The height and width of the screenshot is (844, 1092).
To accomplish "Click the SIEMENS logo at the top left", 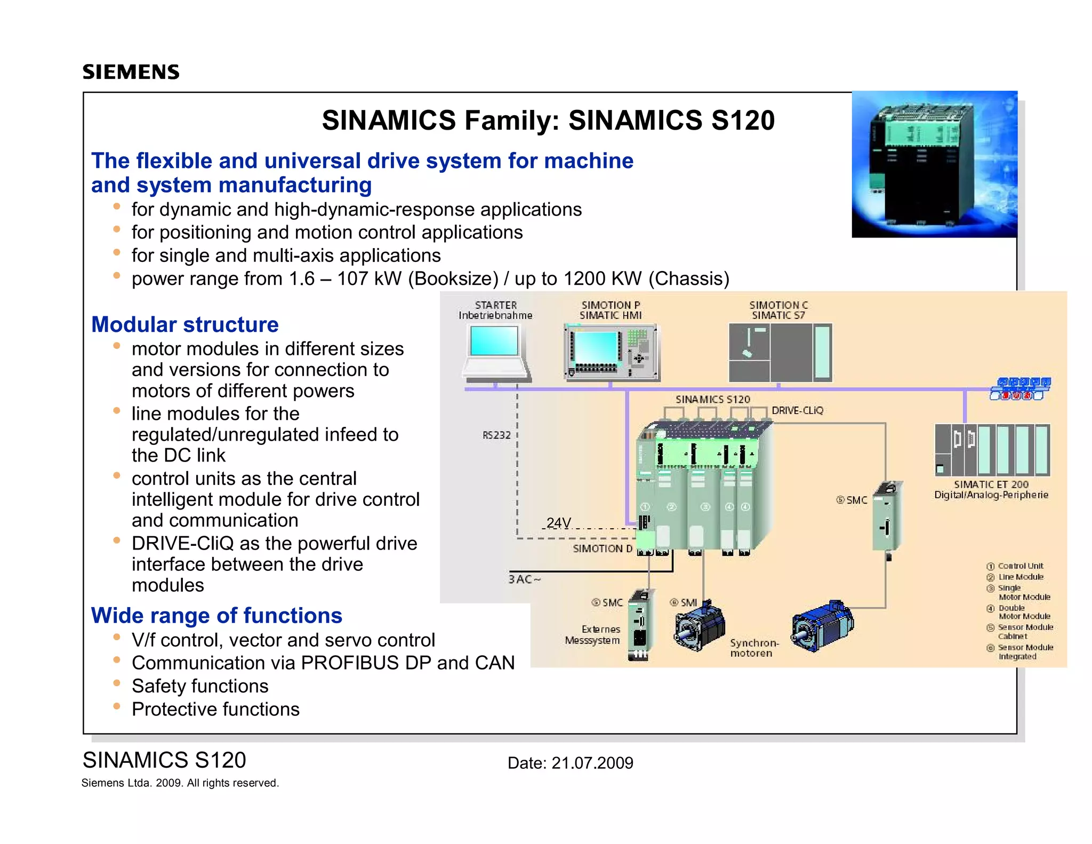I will click(131, 72).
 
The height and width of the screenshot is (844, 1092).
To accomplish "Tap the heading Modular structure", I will click(184, 324).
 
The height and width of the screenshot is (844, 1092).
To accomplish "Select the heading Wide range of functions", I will click(216, 615).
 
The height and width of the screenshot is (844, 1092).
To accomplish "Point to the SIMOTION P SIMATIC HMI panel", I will click(612, 352).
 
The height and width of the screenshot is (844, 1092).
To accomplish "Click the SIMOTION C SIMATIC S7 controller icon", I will click(780, 352).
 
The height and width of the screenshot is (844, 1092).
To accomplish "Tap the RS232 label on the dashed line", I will click(496, 435).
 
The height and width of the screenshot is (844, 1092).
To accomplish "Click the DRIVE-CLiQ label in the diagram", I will click(797, 410).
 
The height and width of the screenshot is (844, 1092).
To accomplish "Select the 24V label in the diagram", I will click(558, 522).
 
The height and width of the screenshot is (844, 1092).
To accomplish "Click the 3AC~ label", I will click(524, 579).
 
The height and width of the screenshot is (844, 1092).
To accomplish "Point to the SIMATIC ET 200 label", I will click(991, 484).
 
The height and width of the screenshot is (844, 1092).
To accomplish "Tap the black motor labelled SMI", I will click(700, 627).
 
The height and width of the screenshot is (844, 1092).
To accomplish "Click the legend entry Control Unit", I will click(1020, 566).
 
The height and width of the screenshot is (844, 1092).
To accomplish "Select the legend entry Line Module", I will click(1020, 577).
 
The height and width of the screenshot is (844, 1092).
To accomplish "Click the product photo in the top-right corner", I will click(934, 164).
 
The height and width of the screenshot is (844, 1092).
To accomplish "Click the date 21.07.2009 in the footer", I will click(592, 763).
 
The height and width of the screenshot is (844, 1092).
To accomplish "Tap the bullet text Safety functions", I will click(200, 686).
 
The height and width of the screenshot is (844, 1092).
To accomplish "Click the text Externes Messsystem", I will click(593, 635).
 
